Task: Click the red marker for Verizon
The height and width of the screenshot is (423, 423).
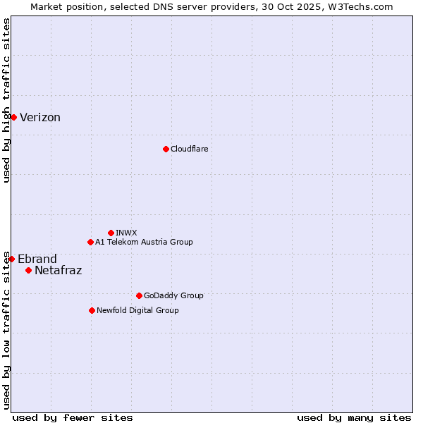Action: [x=13, y=117]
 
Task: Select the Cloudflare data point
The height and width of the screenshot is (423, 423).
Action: [x=166, y=149]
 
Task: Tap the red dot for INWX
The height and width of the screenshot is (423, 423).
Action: [x=111, y=233]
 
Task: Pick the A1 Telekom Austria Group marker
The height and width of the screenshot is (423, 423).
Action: [x=90, y=242]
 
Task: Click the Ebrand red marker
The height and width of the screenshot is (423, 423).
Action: [x=11, y=259]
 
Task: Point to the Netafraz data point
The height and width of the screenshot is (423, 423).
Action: [x=28, y=270]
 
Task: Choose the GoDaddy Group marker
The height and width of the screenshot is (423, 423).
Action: [x=139, y=295]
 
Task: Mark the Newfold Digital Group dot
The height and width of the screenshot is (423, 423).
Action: [x=92, y=310]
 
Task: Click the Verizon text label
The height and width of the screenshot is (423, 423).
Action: [x=40, y=118]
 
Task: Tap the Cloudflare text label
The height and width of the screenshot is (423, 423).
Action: [x=189, y=149]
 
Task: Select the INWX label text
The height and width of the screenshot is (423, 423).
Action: [x=126, y=233]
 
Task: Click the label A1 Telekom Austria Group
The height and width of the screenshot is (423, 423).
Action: [x=144, y=242]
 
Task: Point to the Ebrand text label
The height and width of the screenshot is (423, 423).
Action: [x=37, y=259]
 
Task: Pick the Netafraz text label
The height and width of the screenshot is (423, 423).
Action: [x=58, y=270]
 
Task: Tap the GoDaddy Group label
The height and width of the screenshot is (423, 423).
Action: [x=173, y=295]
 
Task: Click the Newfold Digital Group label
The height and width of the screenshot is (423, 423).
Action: [x=137, y=310]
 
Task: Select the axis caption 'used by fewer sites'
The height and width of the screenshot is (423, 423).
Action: [x=73, y=417]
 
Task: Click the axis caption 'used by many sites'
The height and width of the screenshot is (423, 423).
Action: [x=354, y=417]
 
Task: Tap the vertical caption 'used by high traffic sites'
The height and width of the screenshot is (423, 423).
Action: [x=7, y=100]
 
